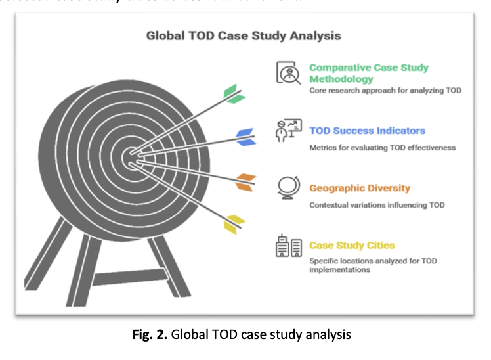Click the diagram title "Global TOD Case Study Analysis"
point(244,35)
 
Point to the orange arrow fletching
point(244,182)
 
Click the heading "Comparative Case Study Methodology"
point(368,73)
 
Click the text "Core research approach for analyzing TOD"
point(385,90)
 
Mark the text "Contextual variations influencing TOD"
point(377,205)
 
